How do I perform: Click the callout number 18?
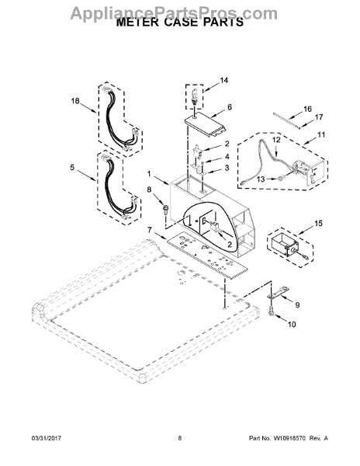(75, 101)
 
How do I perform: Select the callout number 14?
(224, 80)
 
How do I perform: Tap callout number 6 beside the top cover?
(230, 107)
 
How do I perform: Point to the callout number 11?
(321, 134)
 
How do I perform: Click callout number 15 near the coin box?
(318, 223)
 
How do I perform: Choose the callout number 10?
(292, 324)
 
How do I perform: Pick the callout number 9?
(297, 305)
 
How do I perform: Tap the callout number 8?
(149, 190)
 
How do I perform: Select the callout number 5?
(72, 167)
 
